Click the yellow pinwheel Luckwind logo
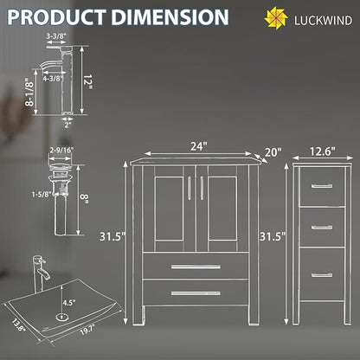tap(276, 18)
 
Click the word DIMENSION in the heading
tap(170, 17)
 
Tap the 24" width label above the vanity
tap(199, 146)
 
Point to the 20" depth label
tap(273, 152)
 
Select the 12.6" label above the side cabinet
tap(323, 151)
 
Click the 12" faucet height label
tap(87, 81)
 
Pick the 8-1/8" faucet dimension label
tap(29, 93)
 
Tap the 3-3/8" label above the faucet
tap(56, 36)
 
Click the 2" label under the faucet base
tap(67, 125)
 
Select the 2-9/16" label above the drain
tap(61, 150)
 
